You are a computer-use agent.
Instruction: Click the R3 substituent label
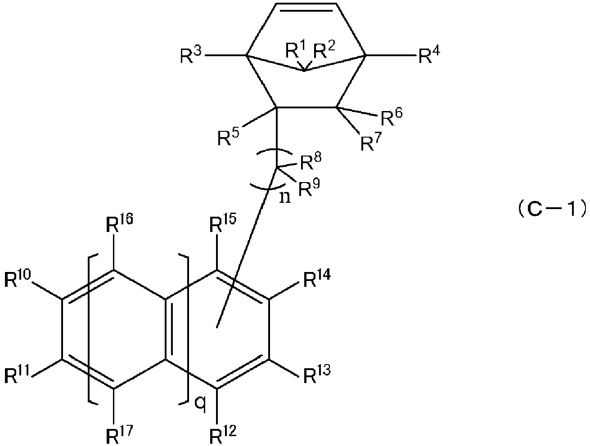(x=190, y=55)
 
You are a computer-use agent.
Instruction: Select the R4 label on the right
(x=429, y=55)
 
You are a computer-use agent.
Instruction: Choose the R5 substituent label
(x=228, y=137)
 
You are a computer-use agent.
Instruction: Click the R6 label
(x=392, y=117)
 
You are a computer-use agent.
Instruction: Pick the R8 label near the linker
(x=311, y=161)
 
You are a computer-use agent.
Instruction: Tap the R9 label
(x=309, y=187)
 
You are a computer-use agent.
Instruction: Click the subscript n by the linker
(x=285, y=198)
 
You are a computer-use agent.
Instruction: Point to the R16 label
(x=120, y=223)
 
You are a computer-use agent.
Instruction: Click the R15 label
(x=223, y=223)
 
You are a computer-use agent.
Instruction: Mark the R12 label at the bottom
(x=223, y=435)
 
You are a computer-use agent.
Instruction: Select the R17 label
(x=120, y=435)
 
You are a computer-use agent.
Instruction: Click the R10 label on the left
(x=18, y=278)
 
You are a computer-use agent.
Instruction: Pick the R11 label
(x=18, y=375)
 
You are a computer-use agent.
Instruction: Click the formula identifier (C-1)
(x=553, y=210)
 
